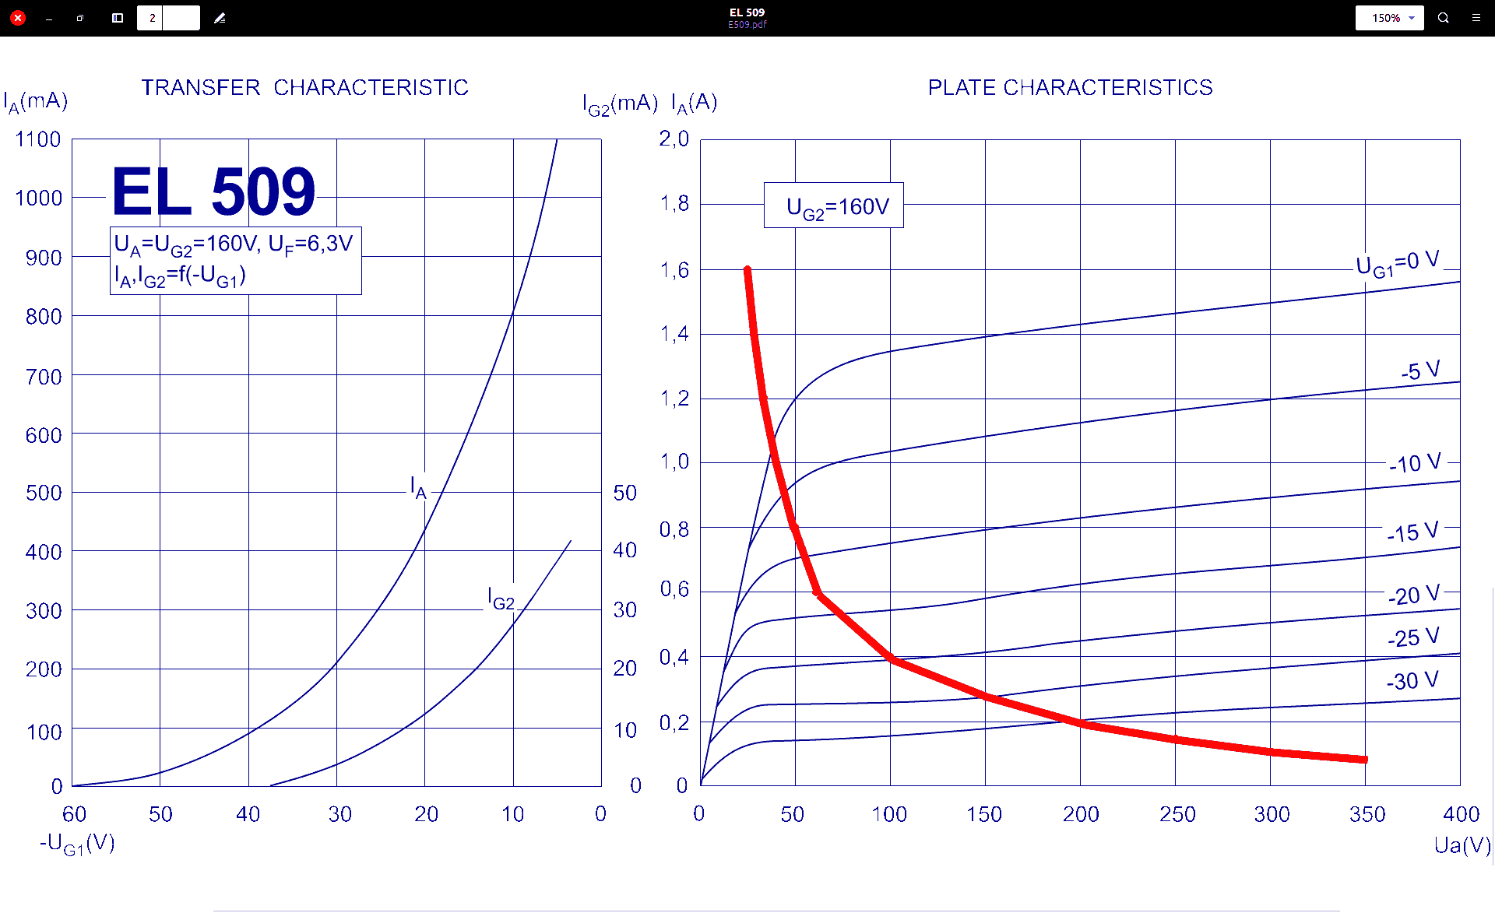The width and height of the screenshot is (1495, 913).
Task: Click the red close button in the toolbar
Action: [18, 18]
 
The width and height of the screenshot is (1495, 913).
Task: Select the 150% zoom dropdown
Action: [1389, 18]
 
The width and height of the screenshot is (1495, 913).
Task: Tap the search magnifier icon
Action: [1443, 18]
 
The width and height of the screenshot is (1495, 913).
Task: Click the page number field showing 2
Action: [152, 18]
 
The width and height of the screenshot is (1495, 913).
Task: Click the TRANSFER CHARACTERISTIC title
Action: [304, 87]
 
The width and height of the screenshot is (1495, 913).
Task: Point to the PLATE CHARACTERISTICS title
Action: [1070, 87]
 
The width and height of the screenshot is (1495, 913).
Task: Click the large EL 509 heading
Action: [213, 191]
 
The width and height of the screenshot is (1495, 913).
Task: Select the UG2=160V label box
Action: [834, 206]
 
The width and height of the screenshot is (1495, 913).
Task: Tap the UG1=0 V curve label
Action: [1397, 264]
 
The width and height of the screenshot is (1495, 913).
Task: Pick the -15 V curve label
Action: [1412, 532]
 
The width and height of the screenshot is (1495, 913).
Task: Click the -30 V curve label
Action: [1412, 681]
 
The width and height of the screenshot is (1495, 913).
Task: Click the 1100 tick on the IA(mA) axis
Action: [38, 140]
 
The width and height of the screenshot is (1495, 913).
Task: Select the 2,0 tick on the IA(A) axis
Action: [674, 139]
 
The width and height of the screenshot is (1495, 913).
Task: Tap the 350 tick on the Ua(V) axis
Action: [1367, 814]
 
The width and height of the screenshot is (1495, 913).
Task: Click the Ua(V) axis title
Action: [1462, 845]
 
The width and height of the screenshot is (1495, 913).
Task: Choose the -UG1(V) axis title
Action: [78, 844]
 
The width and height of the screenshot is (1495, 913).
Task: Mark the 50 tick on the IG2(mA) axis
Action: [624, 493]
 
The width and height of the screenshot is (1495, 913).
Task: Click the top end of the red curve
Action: [747, 271]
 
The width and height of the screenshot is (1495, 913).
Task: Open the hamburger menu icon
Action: [1476, 18]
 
